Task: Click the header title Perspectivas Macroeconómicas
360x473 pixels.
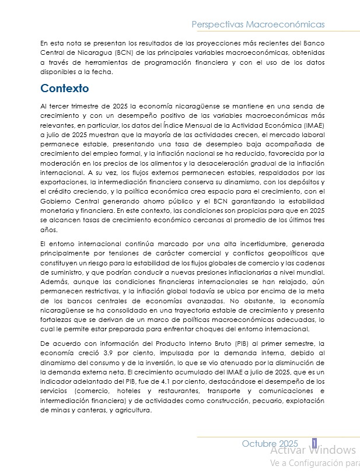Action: (x=258, y=24)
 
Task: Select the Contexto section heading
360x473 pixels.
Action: (x=64, y=89)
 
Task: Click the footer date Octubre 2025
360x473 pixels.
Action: (x=270, y=444)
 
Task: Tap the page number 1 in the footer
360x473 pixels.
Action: (x=314, y=444)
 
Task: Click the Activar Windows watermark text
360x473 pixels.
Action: (x=313, y=450)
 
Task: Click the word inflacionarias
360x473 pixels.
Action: (x=234, y=273)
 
